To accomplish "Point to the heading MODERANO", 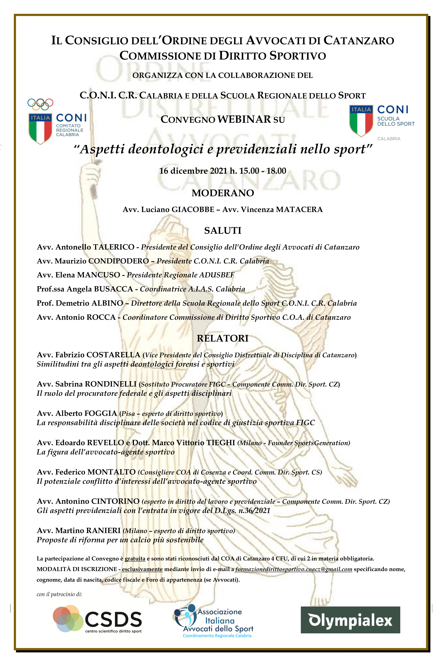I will tap(223, 193).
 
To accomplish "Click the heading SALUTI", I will tap(223, 231).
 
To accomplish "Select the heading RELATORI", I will tap(223, 338).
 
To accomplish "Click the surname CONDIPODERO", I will tap(119, 261).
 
